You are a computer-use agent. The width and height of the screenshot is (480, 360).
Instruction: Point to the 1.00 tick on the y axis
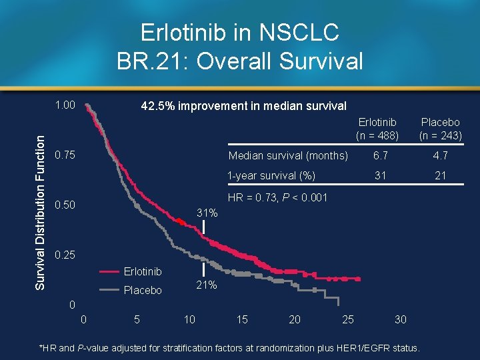(65, 105)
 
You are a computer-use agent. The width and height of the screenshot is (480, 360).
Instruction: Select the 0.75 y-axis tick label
(65, 155)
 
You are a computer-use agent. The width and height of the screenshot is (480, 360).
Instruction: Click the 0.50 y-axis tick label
(65, 205)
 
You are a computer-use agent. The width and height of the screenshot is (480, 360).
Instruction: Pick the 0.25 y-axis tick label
(65, 255)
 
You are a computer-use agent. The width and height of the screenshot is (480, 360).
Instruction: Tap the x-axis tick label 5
(137, 319)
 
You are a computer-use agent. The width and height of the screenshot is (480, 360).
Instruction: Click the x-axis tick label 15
(242, 319)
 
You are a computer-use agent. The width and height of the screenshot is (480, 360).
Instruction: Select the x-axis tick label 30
(399, 319)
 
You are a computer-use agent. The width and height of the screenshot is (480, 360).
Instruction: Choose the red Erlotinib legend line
(111, 271)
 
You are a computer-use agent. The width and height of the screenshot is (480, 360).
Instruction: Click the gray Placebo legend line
(111, 290)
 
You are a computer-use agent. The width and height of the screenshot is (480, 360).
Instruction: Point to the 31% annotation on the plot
(207, 213)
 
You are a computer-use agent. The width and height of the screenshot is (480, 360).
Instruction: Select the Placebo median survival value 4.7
(440, 156)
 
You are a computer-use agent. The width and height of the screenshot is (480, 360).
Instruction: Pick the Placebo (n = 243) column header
(440, 129)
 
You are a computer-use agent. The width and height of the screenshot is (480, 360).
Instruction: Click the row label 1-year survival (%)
(271, 175)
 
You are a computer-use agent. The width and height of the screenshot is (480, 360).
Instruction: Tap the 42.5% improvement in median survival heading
(243, 106)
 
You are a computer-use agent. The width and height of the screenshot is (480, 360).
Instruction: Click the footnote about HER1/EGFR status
(229, 348)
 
